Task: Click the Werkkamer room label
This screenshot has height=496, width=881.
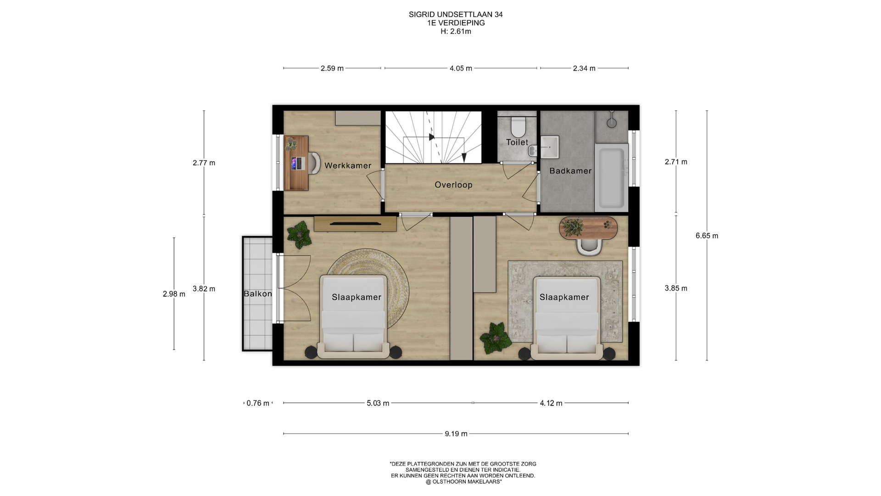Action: click(348, 165)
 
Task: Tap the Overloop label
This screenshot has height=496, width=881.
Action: click(453, 185)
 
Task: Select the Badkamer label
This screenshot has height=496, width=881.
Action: click(570, 170)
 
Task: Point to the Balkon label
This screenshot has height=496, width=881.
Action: click(257, 293)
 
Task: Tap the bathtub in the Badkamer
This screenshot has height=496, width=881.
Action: click(611, 177)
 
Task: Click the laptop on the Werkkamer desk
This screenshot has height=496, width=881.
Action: click(297, 163)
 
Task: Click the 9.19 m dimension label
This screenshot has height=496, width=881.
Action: click(456, 434)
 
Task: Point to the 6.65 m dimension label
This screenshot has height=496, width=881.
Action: click(707, 236)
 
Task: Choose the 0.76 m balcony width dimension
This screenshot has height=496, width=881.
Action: click(258, 403)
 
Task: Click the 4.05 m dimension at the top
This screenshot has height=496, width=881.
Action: click(461, 68)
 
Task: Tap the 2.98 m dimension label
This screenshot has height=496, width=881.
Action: click(174, 294)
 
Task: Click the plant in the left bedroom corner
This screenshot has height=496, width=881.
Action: click(299, 235)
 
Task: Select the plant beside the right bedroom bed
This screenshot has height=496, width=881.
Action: click(496, 338)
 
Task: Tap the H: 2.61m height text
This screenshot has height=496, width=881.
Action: click(456, 31)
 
